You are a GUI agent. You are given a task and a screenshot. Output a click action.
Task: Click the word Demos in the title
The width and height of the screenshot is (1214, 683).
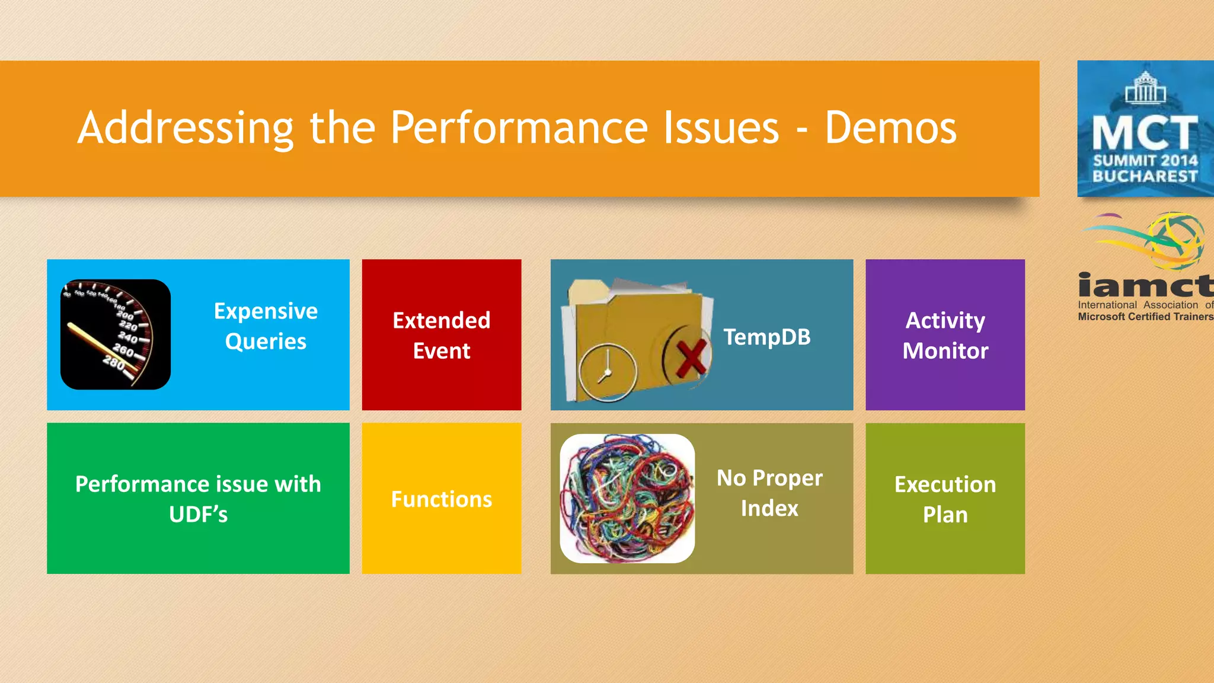(x=890, y=128)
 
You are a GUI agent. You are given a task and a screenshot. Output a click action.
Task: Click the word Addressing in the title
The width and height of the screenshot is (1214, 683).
(x=186, y=128)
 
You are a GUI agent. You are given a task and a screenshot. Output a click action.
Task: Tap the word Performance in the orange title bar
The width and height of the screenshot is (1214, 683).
(x=519, y=128)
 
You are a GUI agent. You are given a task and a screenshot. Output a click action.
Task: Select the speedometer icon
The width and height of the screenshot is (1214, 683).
(x=116, y=334)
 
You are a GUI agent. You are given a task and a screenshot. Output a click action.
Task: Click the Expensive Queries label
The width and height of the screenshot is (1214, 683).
(x=266, y=326)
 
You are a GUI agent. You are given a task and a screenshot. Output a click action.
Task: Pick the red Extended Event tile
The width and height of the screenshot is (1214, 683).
(x=442, y=335)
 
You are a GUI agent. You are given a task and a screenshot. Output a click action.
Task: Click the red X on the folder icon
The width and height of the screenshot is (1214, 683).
(x=689, y=358)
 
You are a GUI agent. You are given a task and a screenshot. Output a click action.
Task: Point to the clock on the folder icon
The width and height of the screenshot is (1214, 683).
(x=607, y=372)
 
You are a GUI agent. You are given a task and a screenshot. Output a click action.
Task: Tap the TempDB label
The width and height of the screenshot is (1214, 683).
(x=766, y=337)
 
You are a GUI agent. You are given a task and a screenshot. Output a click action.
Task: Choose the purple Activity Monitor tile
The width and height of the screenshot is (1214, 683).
(x=945, y=335)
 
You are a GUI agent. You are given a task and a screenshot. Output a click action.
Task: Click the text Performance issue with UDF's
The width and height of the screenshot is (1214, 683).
(x=198, y=499)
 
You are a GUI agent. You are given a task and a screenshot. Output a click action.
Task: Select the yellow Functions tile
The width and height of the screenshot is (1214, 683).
(x=442, y=499)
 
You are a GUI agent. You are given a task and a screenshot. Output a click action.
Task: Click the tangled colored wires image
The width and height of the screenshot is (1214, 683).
(x=627, y=499)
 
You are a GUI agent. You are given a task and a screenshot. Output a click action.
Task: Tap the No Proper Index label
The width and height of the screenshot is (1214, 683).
(x=769, y=493)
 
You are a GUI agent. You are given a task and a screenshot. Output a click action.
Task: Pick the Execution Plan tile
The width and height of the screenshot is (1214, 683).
(x=945, y=499)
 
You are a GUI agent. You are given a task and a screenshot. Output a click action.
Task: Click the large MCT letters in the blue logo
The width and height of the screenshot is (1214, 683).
(x=1145, y=133)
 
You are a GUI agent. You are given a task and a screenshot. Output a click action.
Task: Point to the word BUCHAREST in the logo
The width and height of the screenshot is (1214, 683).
(x=1145, y=176)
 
